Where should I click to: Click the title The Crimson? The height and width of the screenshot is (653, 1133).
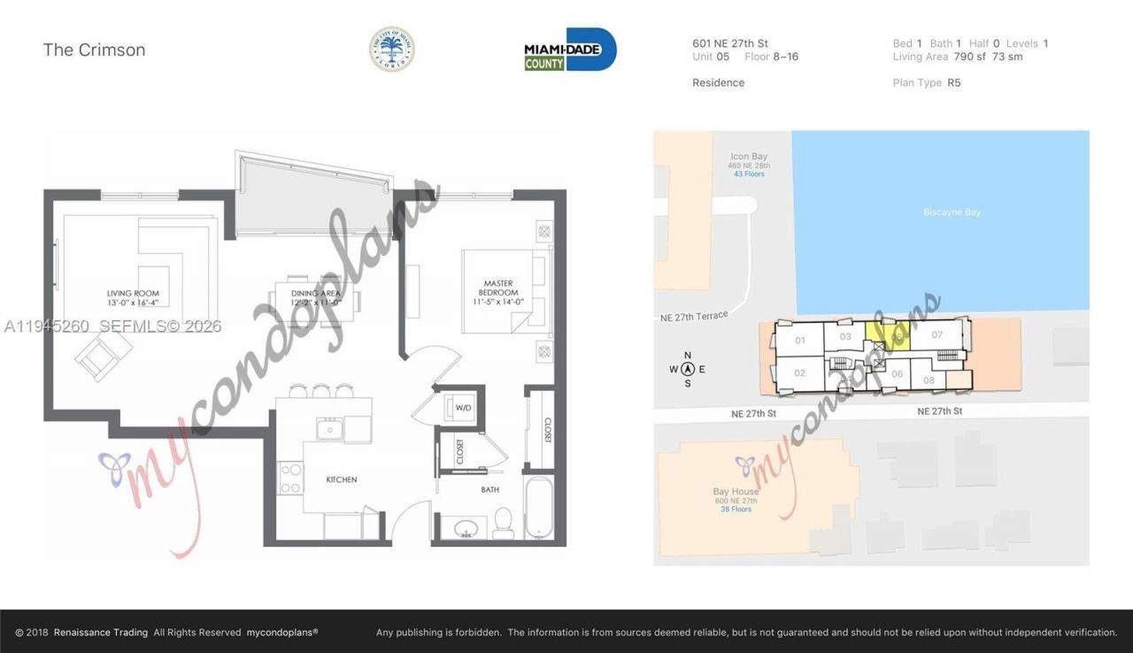click(x=94, y=50)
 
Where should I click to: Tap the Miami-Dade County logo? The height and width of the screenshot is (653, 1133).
click(x=570, y=50)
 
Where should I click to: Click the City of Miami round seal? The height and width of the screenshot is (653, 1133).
click(x=391, y=49)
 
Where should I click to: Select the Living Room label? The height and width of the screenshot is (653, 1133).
click(x=133, y=297)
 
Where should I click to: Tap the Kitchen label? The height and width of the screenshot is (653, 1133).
click(x=342, y=480)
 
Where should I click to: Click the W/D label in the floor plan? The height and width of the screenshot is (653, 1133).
click(x=464, y=408)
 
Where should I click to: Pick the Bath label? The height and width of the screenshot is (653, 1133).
click(x=490, y=488)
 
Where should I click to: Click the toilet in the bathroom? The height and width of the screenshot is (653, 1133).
click(x=503, y=523)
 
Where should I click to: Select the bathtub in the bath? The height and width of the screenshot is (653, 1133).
click(x=539, y=506)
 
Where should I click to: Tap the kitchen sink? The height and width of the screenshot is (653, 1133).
click(x=331, y=430)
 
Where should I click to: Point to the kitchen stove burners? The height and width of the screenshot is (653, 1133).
click(x=291, y=479)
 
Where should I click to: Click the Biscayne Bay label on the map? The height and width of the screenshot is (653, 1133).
click(x=952, y=212)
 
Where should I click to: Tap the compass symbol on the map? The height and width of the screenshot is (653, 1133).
click(x=688, y=369)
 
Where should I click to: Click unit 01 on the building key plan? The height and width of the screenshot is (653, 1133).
click(x=799, y=341)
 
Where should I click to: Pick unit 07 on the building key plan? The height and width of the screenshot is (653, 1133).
click(x=937, y=334)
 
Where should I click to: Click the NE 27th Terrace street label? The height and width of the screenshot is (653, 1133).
click(x=693, y=316)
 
